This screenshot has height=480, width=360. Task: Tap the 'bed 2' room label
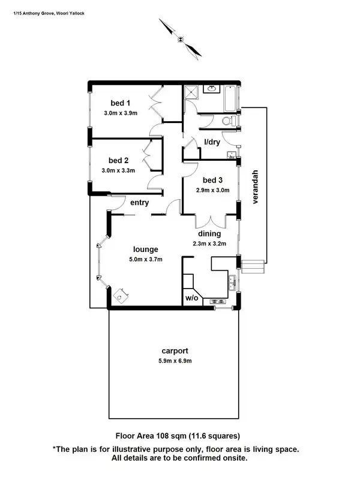[119, 160]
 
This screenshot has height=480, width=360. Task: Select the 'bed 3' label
[212, 180]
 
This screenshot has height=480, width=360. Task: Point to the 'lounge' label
[146, 249]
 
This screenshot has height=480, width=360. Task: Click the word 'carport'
[175, 351]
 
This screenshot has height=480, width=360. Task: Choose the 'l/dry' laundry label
[212, 142]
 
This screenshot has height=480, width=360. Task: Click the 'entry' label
[139, 203]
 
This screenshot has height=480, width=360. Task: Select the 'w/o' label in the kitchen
[191, 298]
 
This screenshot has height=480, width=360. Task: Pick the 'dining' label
[210, 233]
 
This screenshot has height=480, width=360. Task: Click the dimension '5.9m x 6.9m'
[175, 361]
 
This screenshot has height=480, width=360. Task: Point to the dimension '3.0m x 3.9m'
[121, 113]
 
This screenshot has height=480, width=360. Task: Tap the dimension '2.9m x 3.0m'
[213, 190]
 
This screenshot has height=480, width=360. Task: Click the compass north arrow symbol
[181, 39]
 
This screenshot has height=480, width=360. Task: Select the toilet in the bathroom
[228, 122]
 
